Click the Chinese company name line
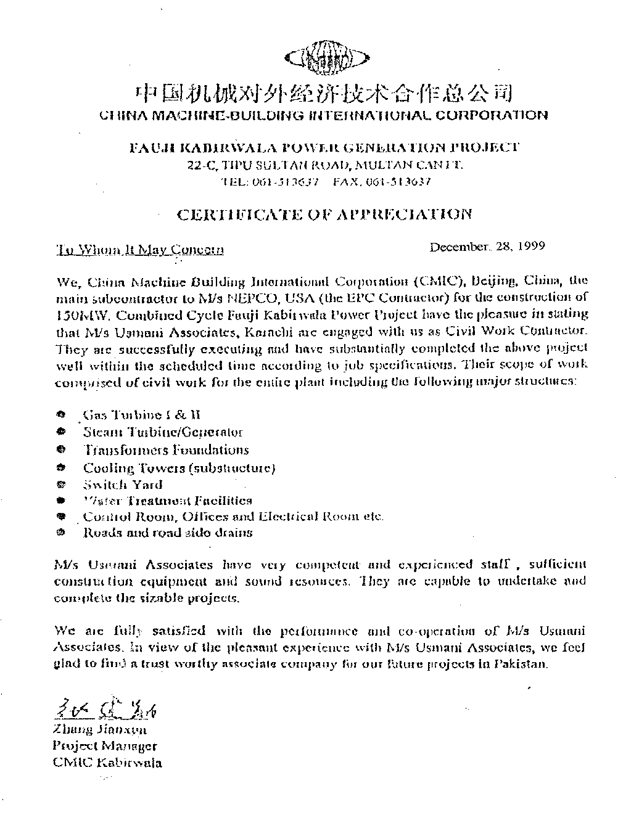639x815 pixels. click(323, 94)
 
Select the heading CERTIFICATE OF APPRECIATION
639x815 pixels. click(324, 215)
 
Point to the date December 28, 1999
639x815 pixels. click(487, 247)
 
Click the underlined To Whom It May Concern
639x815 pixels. click(140, 250)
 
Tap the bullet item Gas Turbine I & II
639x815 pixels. click(142, 415)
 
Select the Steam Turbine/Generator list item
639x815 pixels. click(163, 432)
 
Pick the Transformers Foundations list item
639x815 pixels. click(166, 450)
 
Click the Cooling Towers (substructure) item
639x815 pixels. click(179, 468)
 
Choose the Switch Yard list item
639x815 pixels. click(123, 485)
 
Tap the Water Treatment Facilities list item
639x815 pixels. click(167, 501)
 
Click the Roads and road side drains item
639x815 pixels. click(167, 533)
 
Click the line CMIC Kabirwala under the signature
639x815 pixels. click(108, 763)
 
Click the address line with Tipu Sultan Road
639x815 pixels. click(324, 165)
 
